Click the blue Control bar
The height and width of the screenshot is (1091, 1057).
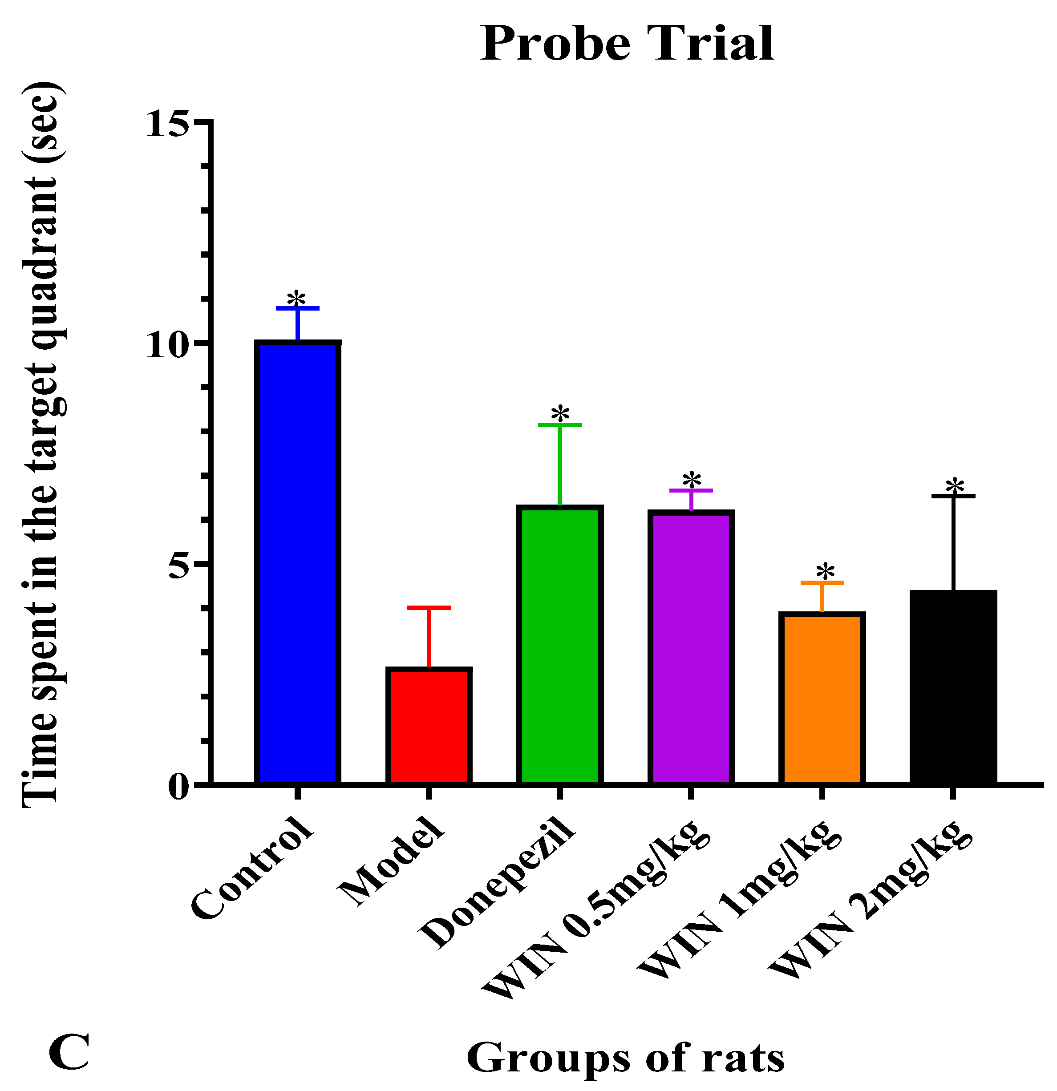297,562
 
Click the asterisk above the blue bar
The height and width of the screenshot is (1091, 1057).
296,299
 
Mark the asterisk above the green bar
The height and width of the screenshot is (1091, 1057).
560,415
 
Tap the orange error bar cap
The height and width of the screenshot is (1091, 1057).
822,583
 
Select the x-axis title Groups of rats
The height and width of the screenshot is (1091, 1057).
625,1058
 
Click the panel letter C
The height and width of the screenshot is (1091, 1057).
69,1053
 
